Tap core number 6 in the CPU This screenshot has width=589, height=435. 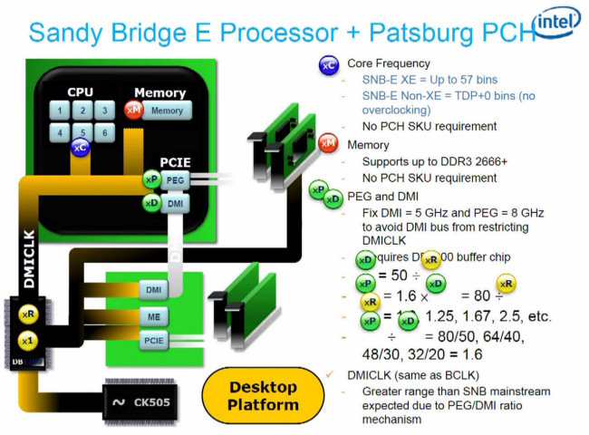[104, 132]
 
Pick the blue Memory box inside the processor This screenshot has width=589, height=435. [167, 111]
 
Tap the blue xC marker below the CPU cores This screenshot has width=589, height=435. [80, 147]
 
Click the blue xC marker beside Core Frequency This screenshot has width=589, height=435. [328, 65]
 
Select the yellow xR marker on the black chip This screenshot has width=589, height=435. [28, 314]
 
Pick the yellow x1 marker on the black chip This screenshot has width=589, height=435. [28, 341]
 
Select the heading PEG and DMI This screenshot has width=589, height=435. [381, 196]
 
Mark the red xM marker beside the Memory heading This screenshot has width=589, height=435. [328, 142]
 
